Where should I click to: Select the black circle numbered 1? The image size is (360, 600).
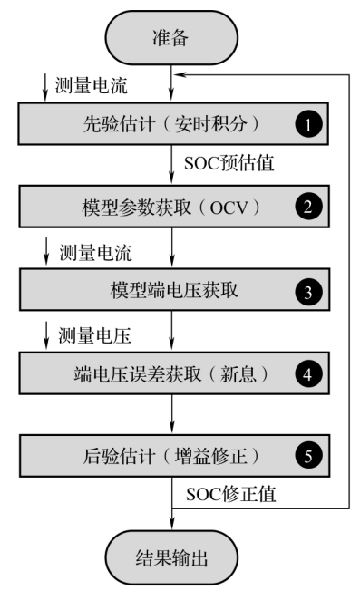pyautogui.click(x=308, y=126)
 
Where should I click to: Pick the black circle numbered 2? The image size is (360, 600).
pyautogui.click(x=308, y=208)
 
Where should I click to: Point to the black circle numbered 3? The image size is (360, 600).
pyautogui.click(x=308, y=292)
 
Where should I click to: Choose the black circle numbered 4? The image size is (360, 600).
pyautogui.click(x=308, y=374)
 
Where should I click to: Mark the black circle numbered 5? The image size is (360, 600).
pyautogui.click(x=308, y=456)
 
